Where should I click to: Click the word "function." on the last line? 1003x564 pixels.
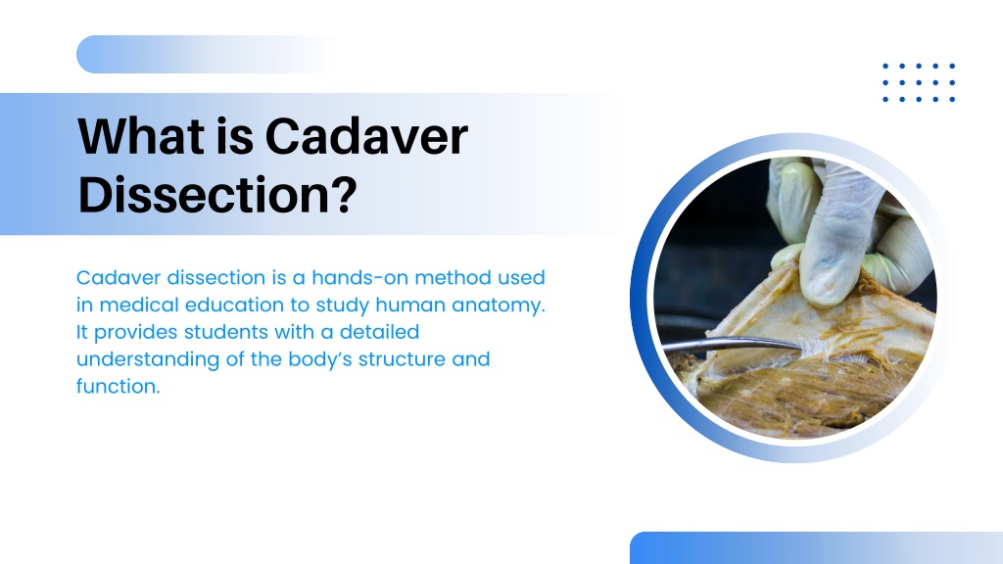tap(119, 386)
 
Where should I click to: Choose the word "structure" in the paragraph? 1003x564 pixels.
tap(402, 359)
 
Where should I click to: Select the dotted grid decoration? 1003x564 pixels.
tap(919, 82)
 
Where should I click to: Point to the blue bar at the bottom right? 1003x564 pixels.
tap(816, 548)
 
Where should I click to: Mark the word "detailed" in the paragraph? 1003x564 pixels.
tap(379, 332)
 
